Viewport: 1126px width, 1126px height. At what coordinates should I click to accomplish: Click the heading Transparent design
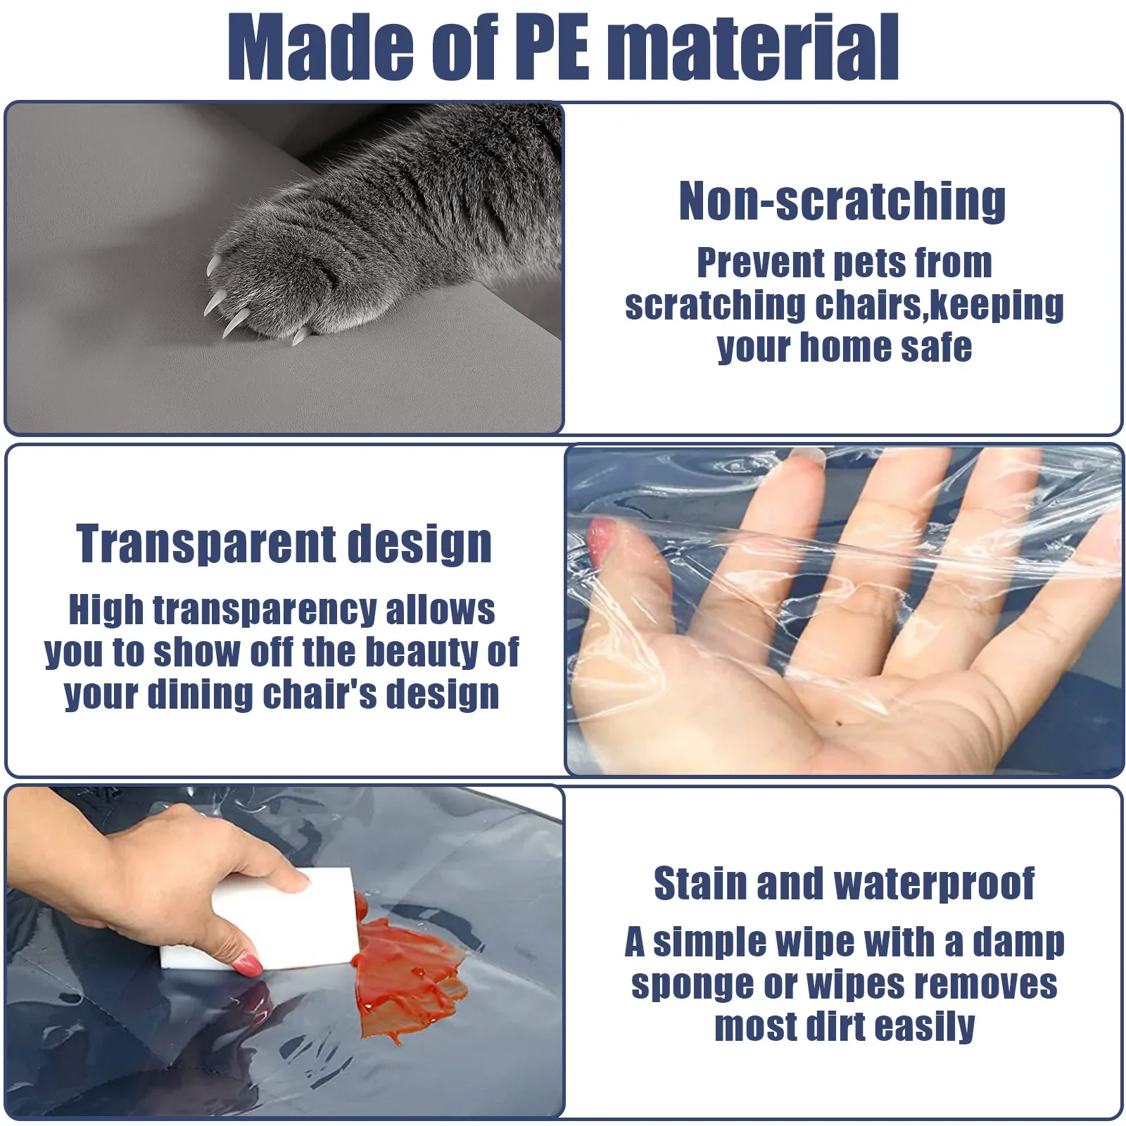tap(284, 545)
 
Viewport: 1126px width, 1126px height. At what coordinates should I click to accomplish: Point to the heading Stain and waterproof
tap(844, 883)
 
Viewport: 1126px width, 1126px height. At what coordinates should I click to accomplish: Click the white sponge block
tap(257, 919)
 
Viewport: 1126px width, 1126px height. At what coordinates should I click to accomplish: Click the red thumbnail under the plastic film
tap(600, 539)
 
